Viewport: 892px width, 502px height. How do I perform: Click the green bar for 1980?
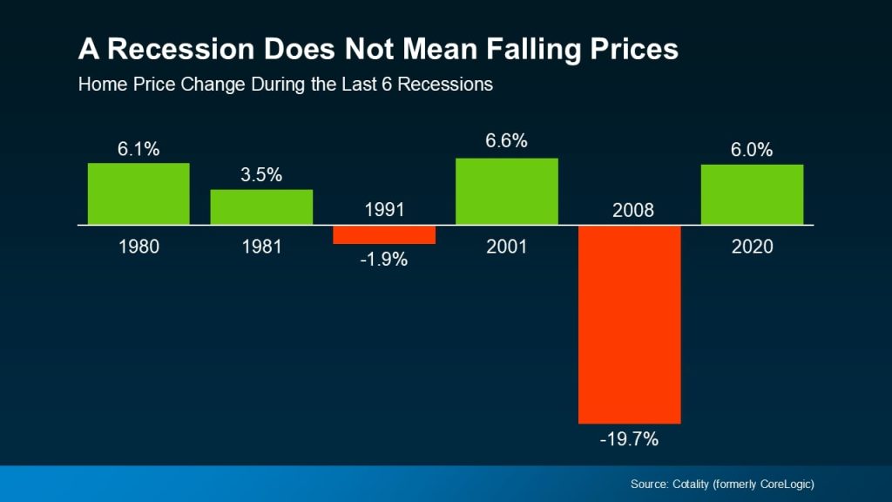[139, 193]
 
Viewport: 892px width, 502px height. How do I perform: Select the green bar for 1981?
[261, 207]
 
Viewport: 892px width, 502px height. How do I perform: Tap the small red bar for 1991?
[383, 234]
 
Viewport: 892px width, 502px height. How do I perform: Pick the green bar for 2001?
[506, 192]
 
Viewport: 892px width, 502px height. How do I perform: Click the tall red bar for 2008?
[629, 324]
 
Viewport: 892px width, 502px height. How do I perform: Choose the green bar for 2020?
[752, 194]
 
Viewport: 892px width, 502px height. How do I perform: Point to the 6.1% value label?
[139, 149]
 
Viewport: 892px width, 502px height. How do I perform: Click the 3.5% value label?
[261, 174]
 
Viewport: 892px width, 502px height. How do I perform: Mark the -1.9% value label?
[383, 260]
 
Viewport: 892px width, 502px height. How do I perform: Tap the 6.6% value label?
[506, 141]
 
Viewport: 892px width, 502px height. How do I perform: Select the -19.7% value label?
[629, 439]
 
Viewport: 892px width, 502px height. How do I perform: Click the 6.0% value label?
[752, 149]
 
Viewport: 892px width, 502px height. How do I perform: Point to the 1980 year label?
[139, 247]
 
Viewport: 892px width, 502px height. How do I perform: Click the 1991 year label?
[383, 210]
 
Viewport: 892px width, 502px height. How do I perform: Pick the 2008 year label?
[629, 210]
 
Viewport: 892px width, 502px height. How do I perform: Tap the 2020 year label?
[752, 247]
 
